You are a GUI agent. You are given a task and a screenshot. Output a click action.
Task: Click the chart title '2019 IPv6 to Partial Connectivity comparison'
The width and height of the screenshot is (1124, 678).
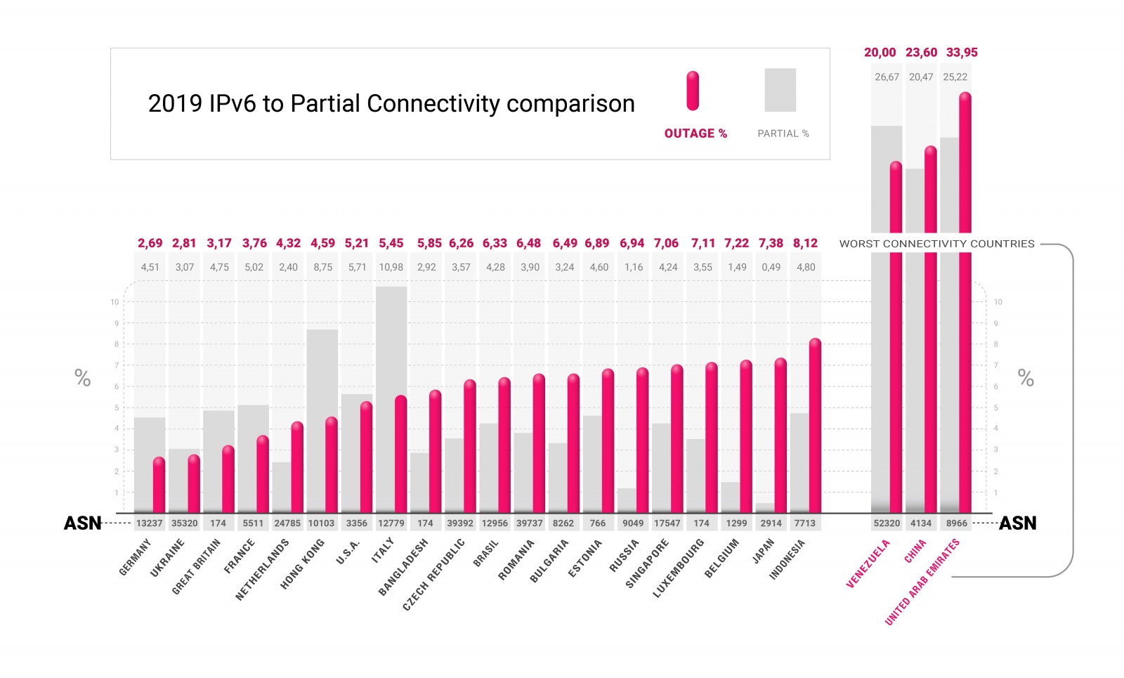pos(391,104)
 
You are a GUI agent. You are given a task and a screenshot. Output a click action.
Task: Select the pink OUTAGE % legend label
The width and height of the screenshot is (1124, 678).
pos(695,133)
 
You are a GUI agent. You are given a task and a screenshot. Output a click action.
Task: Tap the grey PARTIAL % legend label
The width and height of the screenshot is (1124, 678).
pos(783,133)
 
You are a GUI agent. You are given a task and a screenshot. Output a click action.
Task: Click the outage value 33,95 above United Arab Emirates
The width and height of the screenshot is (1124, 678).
pos(962,53)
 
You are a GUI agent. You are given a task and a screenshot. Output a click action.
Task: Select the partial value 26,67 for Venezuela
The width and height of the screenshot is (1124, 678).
pos(887,77)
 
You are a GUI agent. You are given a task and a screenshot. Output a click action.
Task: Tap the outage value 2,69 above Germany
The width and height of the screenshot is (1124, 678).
pos(150,243)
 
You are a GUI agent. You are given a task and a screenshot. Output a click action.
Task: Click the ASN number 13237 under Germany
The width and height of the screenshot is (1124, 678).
pos(149,523)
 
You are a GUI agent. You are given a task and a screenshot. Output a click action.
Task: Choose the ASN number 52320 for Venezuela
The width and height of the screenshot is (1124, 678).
pos(887,523)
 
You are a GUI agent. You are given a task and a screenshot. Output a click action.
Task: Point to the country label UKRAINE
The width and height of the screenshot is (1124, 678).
pos(168,558)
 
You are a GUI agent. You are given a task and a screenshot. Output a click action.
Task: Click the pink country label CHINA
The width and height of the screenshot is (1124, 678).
pos(915,551)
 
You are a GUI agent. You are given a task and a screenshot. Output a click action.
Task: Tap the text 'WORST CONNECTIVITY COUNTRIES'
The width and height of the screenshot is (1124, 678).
pos(936,244)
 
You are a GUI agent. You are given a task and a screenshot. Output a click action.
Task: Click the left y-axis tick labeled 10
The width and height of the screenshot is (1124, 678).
pos(115,302)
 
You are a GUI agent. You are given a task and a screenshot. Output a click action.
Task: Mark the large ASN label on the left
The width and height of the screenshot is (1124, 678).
pos(82,523)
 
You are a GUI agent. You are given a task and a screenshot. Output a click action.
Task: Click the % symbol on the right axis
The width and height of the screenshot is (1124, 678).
pos(1026,379)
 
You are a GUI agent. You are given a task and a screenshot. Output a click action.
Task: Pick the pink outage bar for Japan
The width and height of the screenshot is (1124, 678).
pos(780,436)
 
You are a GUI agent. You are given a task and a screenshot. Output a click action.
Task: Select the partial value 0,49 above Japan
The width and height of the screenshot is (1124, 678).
pos(771,267)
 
